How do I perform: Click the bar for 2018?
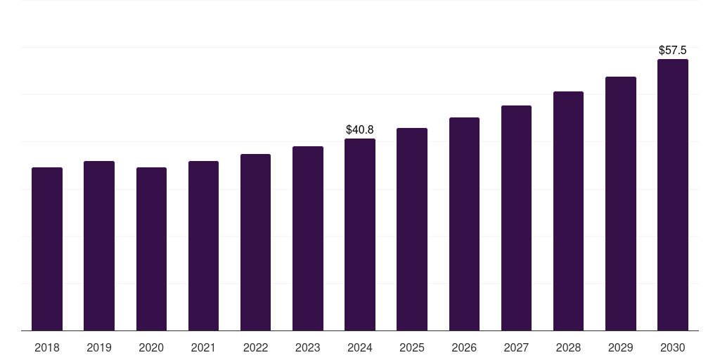tap(47, 249)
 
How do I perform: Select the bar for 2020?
tap(151, 249)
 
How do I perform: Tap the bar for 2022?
tap(255, 243)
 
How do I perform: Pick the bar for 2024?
tap(360, 235)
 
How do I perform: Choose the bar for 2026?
tap(464, 224)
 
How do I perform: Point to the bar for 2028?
tap(568, 211)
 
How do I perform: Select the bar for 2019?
tap(99, 246)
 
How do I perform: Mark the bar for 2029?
tap(620, 204)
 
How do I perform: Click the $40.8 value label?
tap(360, 130)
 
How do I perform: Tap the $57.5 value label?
tap(672, 51)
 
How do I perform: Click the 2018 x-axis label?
tap(47, 347)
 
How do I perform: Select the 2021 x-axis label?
tap(203, 347)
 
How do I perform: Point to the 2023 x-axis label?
tap(307, 347)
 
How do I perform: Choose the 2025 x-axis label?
tap(412, 347)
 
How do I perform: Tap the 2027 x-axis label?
tap(516, 347)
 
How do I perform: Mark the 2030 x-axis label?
tap(672, 347)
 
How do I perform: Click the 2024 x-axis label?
tap(360, 347)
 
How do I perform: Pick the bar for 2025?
tap(412, 229)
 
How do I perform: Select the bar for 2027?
tap(516, 218)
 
